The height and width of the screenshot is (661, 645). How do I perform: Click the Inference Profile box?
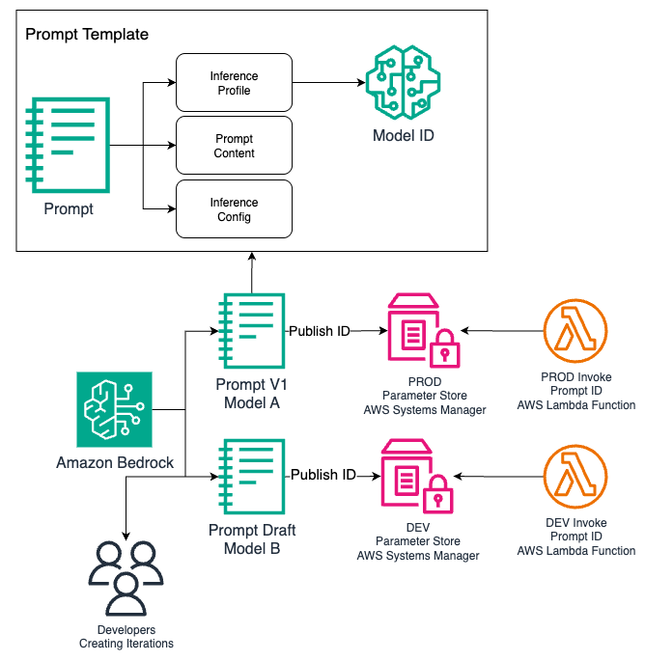click(x=234, y=83)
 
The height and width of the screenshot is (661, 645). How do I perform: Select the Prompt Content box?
click(x=234, y=146)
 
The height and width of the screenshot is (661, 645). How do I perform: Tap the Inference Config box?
click(x=234, y=209)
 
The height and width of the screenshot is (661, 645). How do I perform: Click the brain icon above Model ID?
click(x=404, y=84)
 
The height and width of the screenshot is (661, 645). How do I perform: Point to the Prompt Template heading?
click(x=87, y=35)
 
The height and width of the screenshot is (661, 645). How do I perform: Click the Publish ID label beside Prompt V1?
click(x=320, y=331)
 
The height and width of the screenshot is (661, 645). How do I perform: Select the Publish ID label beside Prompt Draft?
click(x=323, y=475)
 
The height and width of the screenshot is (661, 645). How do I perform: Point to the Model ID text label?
click(x=404, y=136)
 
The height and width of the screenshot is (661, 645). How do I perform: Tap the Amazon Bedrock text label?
click(x=115, y=463)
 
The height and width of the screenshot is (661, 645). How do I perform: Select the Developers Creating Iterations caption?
click(x=126, y=637)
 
